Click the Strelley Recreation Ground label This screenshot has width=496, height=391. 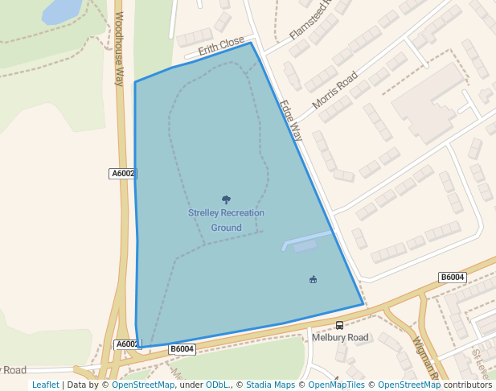[x=226, y=220]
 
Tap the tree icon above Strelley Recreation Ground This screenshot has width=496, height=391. [x=226, y=200]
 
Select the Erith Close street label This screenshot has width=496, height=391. [x=220, y=47]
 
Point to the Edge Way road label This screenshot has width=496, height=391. [x=291, y=121]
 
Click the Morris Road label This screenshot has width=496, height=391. [x=335, y=93]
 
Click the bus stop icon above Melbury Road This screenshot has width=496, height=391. [x=340, y=325]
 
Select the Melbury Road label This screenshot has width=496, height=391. [x=340, y=337]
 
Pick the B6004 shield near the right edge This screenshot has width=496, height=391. [x=453, y=278]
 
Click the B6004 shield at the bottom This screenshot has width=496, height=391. [x=182, y=349]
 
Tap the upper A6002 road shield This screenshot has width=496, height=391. [x=123, y=173]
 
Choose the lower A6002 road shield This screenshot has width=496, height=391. [x=127, y=344]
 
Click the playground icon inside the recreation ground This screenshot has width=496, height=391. [x=314, y=280]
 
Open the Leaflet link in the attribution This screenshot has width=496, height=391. [x=45, y=385]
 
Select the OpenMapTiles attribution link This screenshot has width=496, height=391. [x=334, y=385]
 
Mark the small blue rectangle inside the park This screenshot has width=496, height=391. [x=305, y=247]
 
